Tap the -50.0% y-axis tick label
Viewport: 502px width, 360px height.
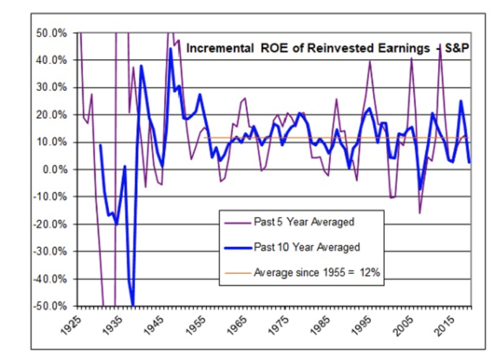tap(50, 306)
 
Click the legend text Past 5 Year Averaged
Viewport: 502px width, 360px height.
tap(303, 222)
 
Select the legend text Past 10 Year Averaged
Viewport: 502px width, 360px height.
tap(306, 247)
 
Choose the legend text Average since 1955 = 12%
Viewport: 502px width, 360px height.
tap(316, 272)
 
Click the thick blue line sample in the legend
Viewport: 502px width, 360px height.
tap(237, 247)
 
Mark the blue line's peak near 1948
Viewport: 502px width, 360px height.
tap(171, 49)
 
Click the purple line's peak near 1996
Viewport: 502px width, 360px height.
tap(370, 61)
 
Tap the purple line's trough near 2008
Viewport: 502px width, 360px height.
tap(420, 213)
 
